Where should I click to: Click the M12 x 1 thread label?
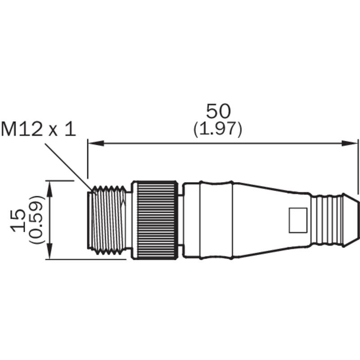38,129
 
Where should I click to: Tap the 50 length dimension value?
218,111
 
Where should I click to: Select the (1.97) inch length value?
218,129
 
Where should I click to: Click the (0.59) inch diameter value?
36,220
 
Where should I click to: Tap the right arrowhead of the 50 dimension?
350,143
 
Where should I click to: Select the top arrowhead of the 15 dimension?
49,189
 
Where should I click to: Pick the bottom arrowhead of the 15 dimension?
49,252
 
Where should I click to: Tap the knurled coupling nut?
155,220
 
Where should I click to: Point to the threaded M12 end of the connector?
107,220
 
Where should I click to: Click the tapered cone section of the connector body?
271,220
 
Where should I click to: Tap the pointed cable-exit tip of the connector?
351,220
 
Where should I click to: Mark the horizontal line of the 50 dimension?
223,143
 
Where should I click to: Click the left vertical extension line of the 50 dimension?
88,158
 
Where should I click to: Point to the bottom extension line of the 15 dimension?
86,260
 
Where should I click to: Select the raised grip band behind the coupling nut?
216,220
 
